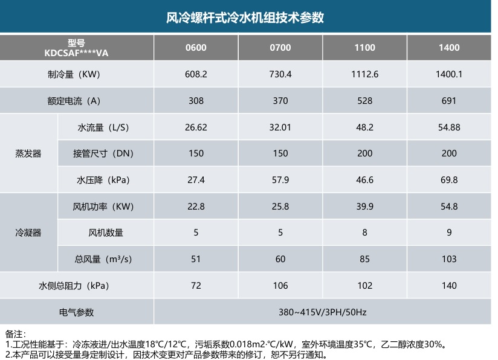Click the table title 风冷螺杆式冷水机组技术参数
tap(245, 18)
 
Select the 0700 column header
tap(280, 48)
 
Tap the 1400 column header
tap(449, 48)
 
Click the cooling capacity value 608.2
tap(196, 74)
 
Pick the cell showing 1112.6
tap(364, 74)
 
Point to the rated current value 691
tap(449, 101)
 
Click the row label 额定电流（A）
tap(74, 101)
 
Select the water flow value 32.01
tap(280, 127)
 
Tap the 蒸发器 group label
tap(28, 153)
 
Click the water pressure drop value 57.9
tap(280, 180)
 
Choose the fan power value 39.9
tap(364, 207)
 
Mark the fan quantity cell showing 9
tap(449, 233)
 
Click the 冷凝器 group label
tap(28, 233)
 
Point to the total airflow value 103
tap(449, 259)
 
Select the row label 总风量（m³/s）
tap(103, 259)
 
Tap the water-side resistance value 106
tap(280, 286)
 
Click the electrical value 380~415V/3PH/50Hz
tap(322, 312)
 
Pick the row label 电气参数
tap(76, 312)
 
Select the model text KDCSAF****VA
tap(76, 53)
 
